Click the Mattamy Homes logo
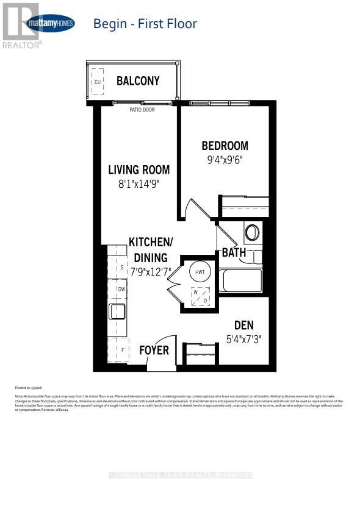coord(51,24)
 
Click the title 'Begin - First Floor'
coord(145,24)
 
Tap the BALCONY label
coord(138,80)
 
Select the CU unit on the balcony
coord(97,81)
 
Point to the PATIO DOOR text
coord(142,110)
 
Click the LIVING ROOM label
coord(139,169)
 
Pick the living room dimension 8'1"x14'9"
coord(139,183)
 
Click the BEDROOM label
coord(225,146)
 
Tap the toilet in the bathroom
coord(252,232)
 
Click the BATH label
coord(233,252)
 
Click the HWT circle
coord(200,272)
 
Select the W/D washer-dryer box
coord(200,296)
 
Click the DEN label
coord(243,325)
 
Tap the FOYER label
coord(154,350)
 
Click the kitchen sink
coord(117,311)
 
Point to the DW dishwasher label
coord(121,289)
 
